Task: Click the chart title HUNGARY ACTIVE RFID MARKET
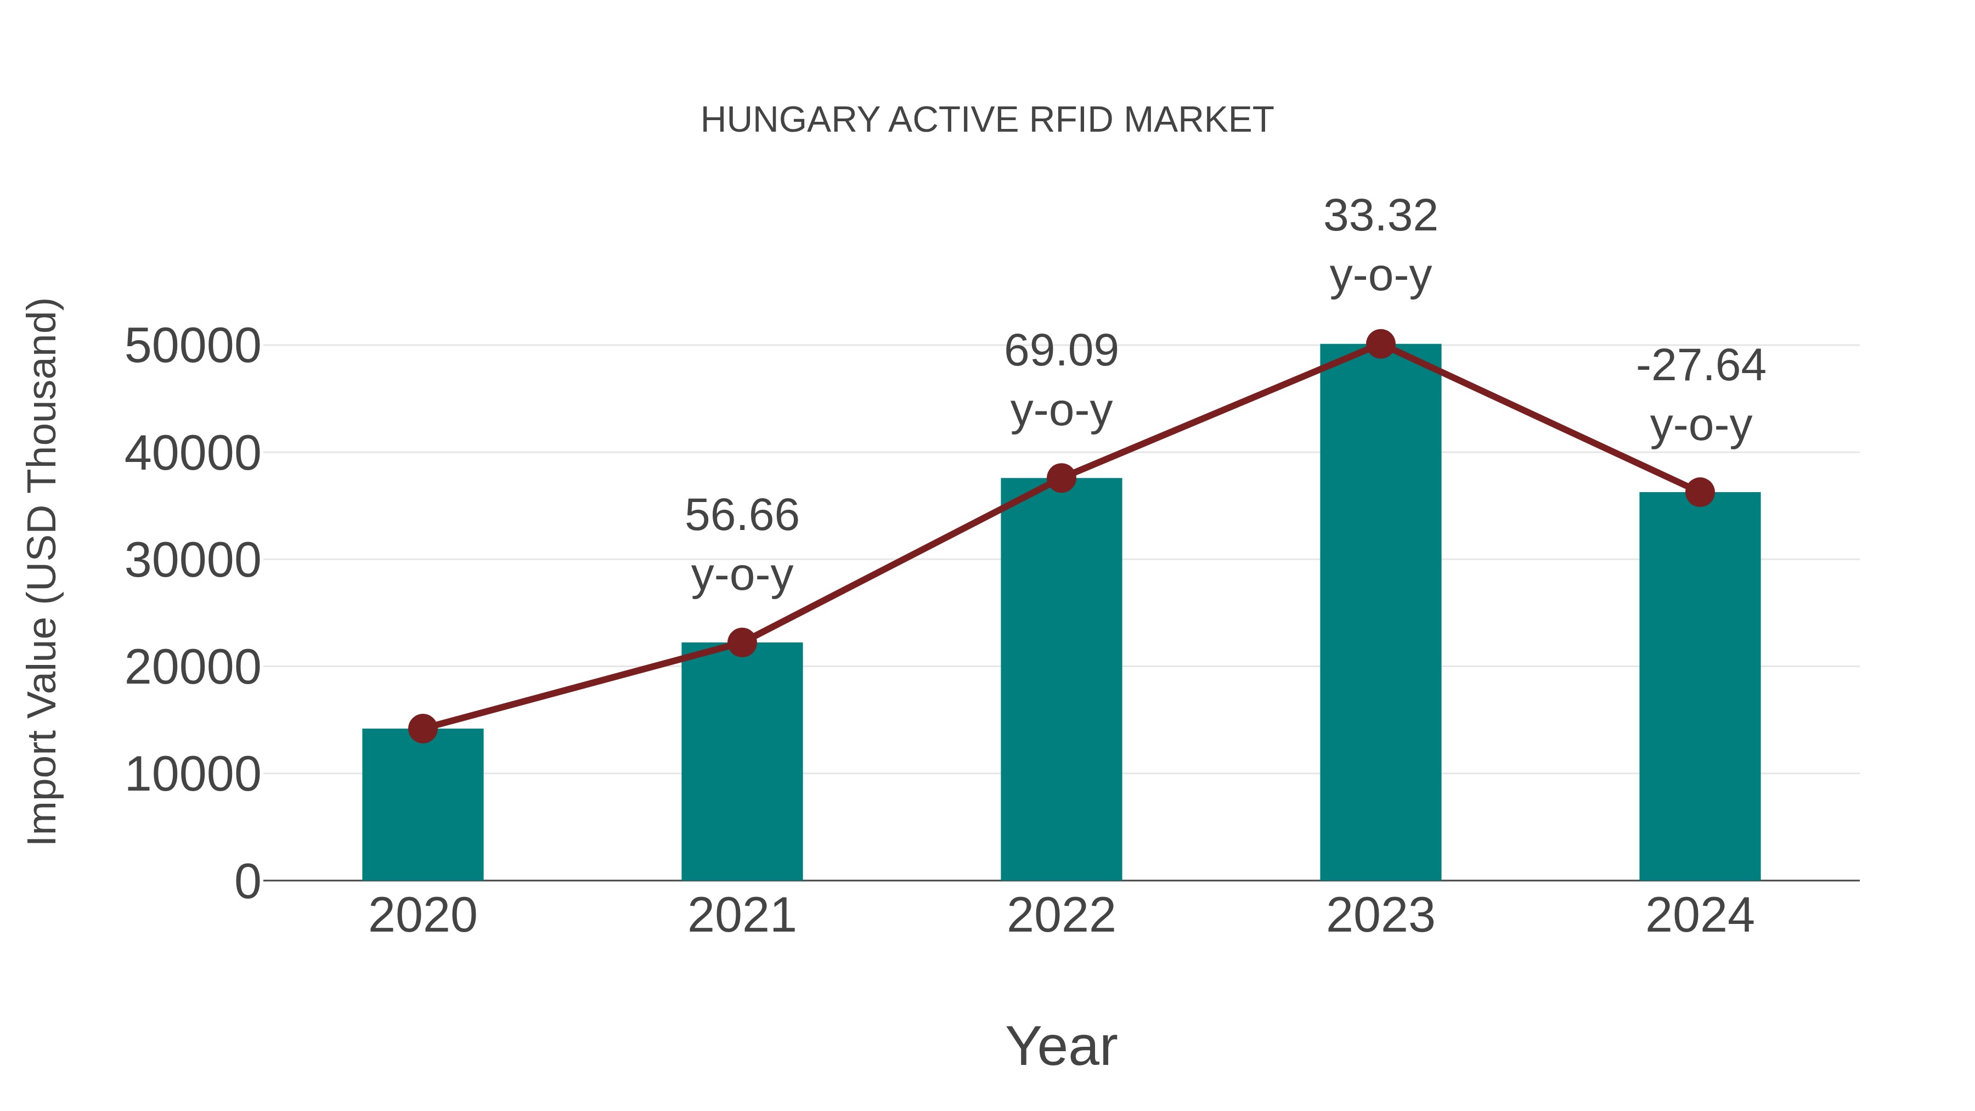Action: click(987, 120)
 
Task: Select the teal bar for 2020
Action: click(422, 805)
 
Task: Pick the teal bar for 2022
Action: click(1061, 679)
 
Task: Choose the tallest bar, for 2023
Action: click(1380, 613)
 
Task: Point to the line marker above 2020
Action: click(422, 729)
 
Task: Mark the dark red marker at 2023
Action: click(1380, 344)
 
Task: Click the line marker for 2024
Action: click(1700, 492)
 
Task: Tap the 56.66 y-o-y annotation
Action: click(741, 544)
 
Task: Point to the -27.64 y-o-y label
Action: click(1700, 395)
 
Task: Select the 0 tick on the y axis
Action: click(247, 881)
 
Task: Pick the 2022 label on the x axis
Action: click(1061, 916)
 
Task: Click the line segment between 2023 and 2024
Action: click(1539, 418)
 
